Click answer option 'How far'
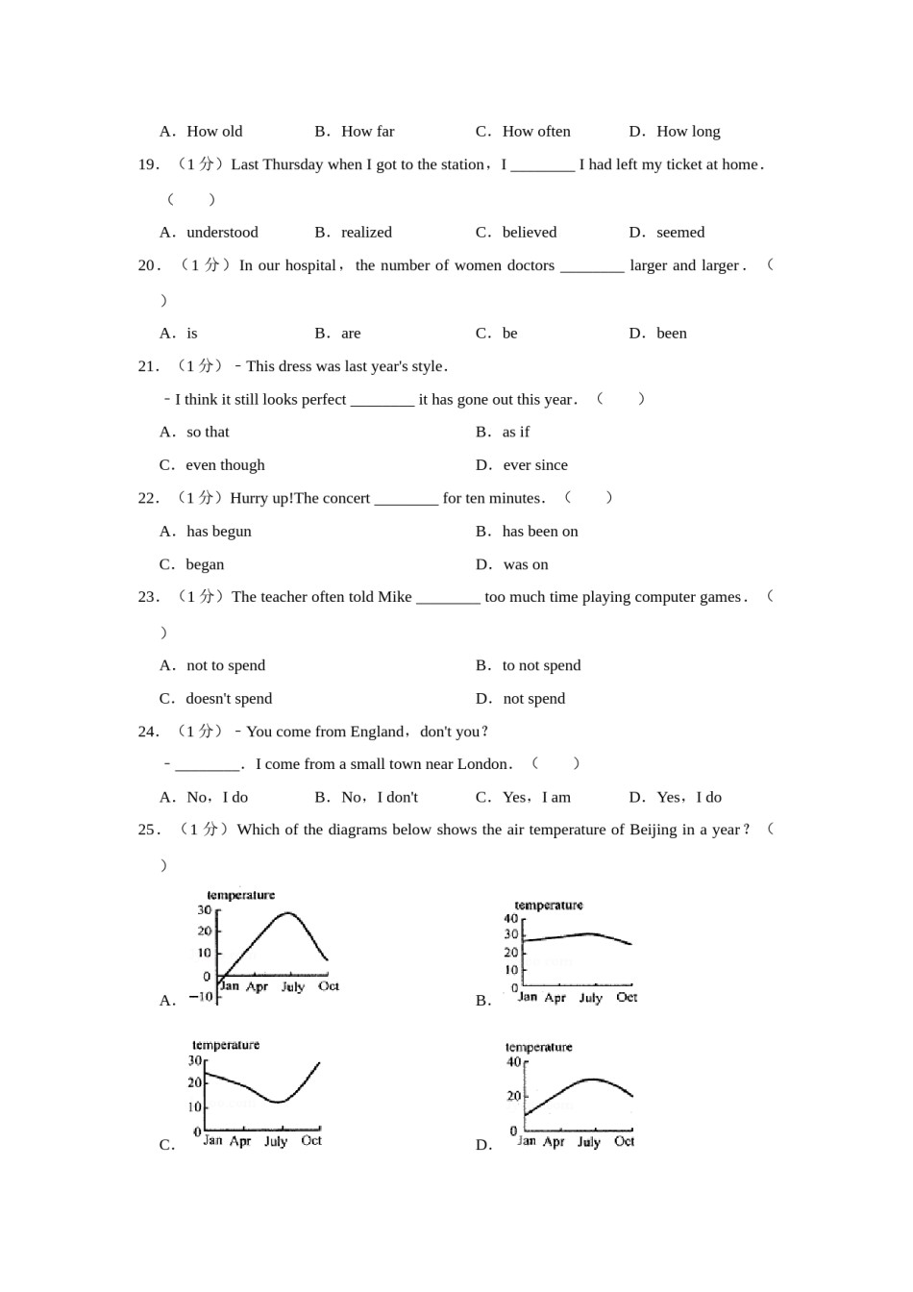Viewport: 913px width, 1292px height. (x=367, y=132)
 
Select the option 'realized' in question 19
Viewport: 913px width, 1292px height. (x=366, y=233)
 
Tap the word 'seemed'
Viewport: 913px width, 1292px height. (x=680, y=233)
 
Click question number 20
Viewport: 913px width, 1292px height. (x=148, y=265)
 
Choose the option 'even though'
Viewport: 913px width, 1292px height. (x=225, y=465)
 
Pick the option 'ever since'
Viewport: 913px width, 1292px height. (x=535, y=465)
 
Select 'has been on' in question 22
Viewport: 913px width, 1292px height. (x=540, y=532)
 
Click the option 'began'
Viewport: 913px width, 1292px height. (x=205, y=565)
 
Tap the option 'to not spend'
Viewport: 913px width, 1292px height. (x=541, y=665)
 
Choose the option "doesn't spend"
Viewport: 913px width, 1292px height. (x=229, y=699)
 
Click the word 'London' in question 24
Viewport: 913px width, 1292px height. (x=482, y=764)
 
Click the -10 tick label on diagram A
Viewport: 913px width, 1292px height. (x=201, y=997)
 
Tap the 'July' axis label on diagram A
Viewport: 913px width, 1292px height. (x=293, y=986)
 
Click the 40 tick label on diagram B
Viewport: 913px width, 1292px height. (x=511, y=919)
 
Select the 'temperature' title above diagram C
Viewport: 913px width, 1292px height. (x=226, y=1045)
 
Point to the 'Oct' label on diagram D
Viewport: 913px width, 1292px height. (x=624, y=1141)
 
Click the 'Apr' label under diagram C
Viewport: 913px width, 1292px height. (x=240, y=1141)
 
